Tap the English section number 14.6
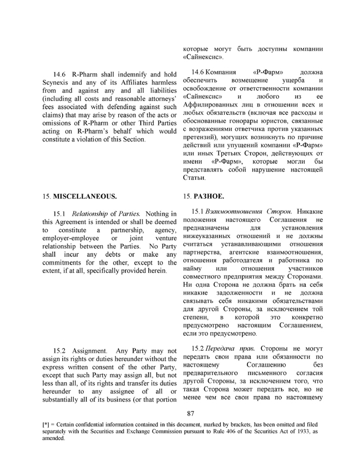click(59, 73)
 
